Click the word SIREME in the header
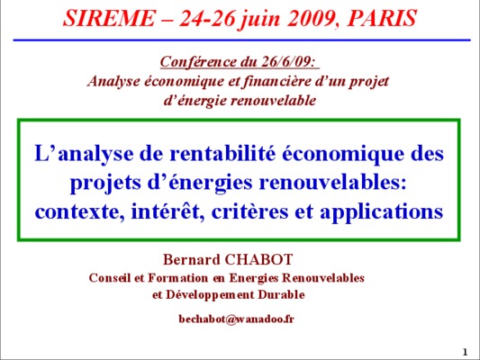(x=109, y=18)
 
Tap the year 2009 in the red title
(x=311, y=18)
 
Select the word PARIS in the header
(x=382, y=18)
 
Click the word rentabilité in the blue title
(x=222, y=153)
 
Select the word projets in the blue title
(x=106, y=184)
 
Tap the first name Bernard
(x=191, y=259)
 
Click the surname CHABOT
(x=258, y=259)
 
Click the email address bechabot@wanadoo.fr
(x=236, y=319)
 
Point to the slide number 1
(x=466, y=352)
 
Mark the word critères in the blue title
(x=249, y=211)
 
